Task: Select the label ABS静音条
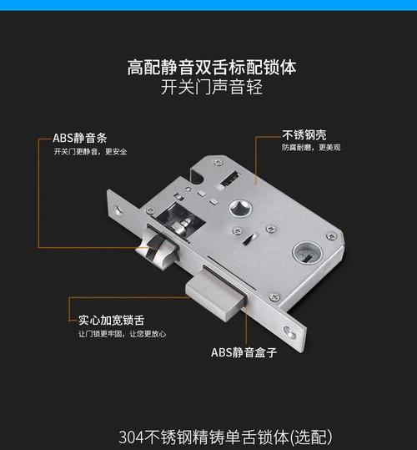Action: pyautogui.click(x=79, y=138)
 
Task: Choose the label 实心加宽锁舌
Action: pyautogui.click(x=111, y=321)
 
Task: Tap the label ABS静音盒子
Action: pyautogui.click(x=244, y=352)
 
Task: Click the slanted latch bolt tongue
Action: pyautogui.click(x=159, y=247)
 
